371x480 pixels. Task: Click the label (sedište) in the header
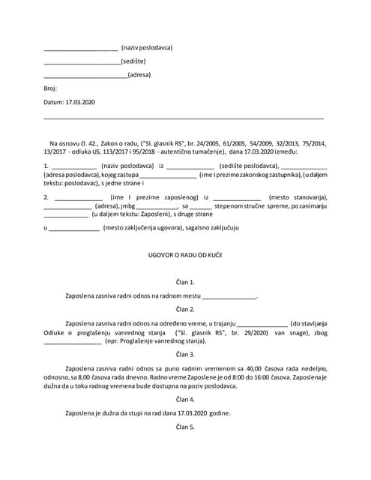pyautogui.click(x=133, y=61)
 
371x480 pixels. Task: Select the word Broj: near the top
pyautogui.click(x=50, y=88)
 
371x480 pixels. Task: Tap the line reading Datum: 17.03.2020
pyautogui.click(x=70, y=101)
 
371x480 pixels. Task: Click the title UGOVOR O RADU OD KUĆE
pyautogui.click(x=185, y=255)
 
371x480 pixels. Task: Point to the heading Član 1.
pyautogui.click(x=185, y=282)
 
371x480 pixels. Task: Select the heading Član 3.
pyautogui.click(x=185, y=354)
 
